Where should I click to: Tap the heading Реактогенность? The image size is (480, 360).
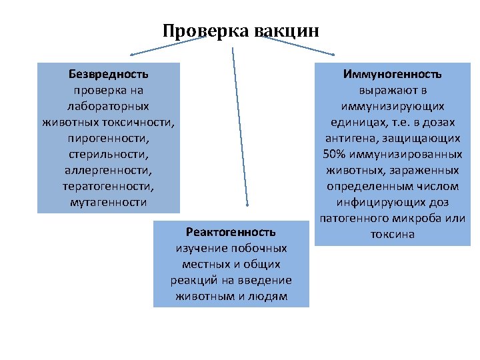231,232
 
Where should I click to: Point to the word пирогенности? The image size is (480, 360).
108,137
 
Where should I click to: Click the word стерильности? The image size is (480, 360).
108,153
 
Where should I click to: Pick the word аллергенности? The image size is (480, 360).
108,169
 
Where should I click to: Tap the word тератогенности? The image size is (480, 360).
108,186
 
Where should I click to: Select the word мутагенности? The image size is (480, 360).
108,202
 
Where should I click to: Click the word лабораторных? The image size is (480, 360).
108,105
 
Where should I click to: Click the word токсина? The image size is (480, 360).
392,234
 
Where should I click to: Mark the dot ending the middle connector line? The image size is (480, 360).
247,205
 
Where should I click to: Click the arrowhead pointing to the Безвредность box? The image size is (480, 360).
132,53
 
